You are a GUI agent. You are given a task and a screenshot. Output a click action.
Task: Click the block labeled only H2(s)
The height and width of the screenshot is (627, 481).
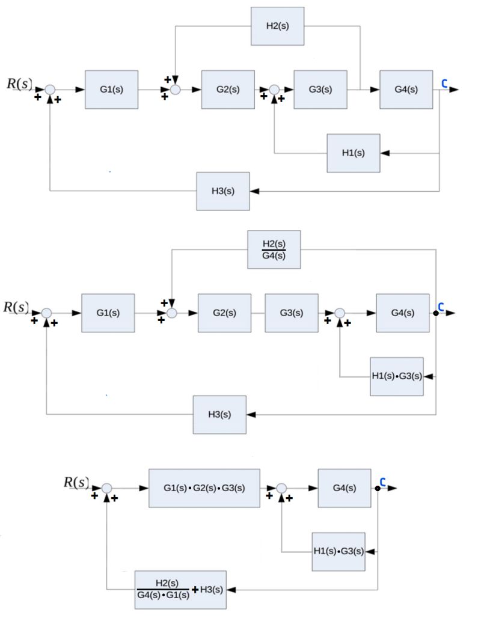click(x=277, y=26)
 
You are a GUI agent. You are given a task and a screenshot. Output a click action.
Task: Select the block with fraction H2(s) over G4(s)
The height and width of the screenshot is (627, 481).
click(x=274, y=249)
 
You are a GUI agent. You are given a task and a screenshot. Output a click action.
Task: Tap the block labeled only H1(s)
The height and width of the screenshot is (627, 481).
click(x=353, y=153)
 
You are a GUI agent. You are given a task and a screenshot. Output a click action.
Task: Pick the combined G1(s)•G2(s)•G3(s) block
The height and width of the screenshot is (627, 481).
click(x=204, y=488)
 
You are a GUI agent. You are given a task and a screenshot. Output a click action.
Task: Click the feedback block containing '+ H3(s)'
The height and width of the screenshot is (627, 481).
click(x=180, y=590)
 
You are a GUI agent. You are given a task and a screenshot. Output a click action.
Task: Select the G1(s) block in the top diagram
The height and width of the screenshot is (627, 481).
click(x=111, y=90)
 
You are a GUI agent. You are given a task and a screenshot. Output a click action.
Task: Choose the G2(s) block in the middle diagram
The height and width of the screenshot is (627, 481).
click(x=224, y=313)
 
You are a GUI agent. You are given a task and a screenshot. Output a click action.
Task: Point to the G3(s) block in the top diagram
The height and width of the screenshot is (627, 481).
click(x=320, y=90)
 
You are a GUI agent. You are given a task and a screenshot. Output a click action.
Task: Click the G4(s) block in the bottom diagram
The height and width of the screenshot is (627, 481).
click(x=344, y=488)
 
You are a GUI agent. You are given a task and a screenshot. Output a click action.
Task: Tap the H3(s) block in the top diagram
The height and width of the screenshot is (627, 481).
click(x=222, y=191)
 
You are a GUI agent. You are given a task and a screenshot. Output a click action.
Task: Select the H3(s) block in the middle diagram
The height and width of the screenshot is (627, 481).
click(x=219, y=415)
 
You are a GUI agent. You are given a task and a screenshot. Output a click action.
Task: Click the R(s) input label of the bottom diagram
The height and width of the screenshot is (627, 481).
click(x=76, y=482)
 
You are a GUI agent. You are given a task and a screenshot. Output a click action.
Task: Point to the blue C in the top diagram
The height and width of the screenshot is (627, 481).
click(x=444, y=84)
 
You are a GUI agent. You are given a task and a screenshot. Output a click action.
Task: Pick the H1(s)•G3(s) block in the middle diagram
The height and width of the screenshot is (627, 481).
click(x=396, y=376)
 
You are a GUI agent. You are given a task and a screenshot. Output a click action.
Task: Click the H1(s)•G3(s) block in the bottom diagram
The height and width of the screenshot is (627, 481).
click(x=339, y=551)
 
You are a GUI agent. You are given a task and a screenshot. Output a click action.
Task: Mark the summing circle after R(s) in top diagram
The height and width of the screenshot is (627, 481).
click(x=51, y=90)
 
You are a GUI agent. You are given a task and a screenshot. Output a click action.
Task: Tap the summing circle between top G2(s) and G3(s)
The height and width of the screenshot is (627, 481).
click(x=274, y=90)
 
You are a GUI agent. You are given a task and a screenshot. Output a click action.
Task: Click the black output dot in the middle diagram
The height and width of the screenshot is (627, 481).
click(x=436, y=313)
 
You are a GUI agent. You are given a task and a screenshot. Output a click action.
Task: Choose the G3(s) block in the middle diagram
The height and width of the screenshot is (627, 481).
click(x=291, y=313)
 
